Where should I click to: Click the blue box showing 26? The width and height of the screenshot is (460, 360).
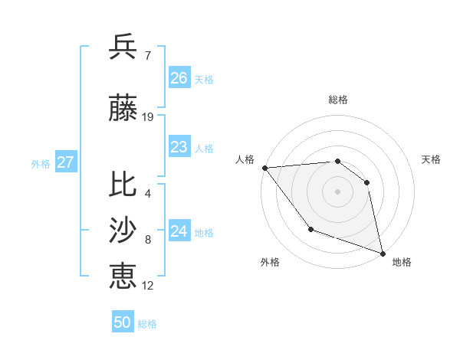click(x=179, y=78)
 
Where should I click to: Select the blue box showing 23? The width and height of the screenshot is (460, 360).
click(x=179, y=147)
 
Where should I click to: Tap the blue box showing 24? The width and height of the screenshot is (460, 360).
click(x=179, y=231)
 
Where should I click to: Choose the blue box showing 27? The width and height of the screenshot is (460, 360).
click(x=65, y=162)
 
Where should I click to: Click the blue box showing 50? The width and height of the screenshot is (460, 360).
click(x=123, y=322)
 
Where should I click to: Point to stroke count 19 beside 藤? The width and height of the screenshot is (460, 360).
click(x=148, y=117)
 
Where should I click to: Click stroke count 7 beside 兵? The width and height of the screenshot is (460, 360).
click(x=147, y=56)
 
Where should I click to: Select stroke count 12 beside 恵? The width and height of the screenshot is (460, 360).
click(x=148, y=286)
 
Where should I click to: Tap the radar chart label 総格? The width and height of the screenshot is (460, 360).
click(x=337, y=100)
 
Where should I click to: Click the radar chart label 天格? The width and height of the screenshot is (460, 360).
click(x=431, y=159)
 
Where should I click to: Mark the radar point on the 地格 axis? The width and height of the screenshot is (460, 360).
click(x=382, y=253)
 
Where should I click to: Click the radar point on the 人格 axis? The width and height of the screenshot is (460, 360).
click(x=264, y=168)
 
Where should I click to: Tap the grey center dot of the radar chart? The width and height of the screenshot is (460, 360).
click(x=337, y=191)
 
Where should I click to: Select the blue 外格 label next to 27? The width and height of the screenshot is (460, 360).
click(x=41, y=163)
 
